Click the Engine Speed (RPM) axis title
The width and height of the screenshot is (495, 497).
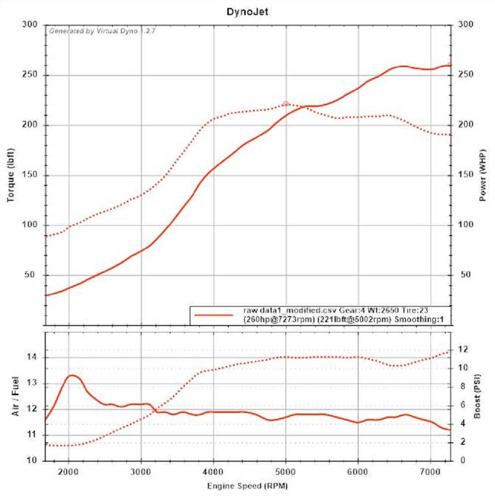pyautogui.click(x=247, y=485)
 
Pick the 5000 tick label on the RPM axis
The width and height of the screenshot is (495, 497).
pyautogui.click(x=286, y=471)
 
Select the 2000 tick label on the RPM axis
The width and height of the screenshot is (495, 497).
pyautogui.click(x=69, y=471)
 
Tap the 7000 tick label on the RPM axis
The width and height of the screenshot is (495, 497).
pyautogui.click(x=431, y=471)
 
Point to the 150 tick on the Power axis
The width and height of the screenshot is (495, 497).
pyautogui.click(x=464, y=175)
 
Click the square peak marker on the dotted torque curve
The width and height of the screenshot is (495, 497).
pyautogui.click(x=286, y=103)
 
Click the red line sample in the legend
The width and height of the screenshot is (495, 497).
pyautogui.click(x=214, y=315)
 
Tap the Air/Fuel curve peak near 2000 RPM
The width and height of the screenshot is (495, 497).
pyautogui.click(x=72, y=375)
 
